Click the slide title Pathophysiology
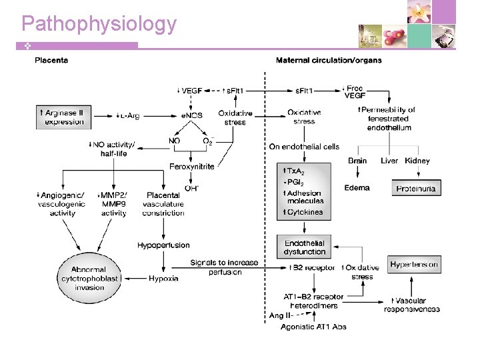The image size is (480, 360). pyautogui.click(x=99, y=24)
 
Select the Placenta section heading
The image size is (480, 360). pyautogui.click(x=51, y=61)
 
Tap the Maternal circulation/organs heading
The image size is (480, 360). pyautogui.click(x=329, y=61)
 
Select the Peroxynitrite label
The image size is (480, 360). pyautogui.click(x=192, y=166)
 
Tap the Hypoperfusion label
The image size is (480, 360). pyautogui.click(x=163, y=245)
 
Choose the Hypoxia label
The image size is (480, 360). pyautogui.click(x=163, y=278)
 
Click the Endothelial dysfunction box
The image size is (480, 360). pyautogui.click(x=305, y=247)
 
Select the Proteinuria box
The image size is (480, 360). pyautogui.click(x=416, y=189)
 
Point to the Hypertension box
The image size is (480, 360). pyautogui.click(x=414, y=265)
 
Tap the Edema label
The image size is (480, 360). pyautogui.click(x=357, y=188)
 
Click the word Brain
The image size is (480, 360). pyautogui.click(x=357, y=161)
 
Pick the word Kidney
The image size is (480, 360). pyautogui.click(x=417, y=161)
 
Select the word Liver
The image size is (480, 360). pyautogui.click(x=389, y=161)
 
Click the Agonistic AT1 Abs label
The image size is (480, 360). pyautogui.click(x=313, y=327)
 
